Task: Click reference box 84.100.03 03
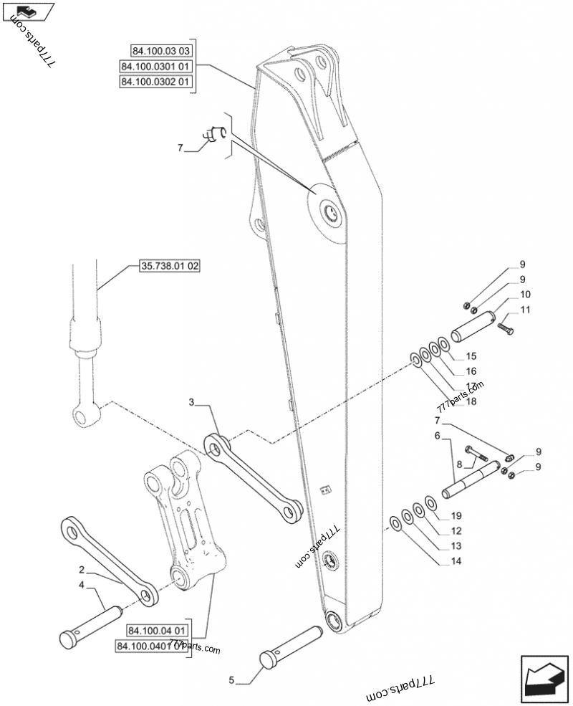[160, 51]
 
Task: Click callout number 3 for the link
[192, 402]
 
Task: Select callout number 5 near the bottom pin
[231, 679]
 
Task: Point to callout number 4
[82, 585]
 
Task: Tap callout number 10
[525, 295]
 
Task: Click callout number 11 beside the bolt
[525, 310]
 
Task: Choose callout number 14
[456, 562]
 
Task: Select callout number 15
[471, 356]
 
